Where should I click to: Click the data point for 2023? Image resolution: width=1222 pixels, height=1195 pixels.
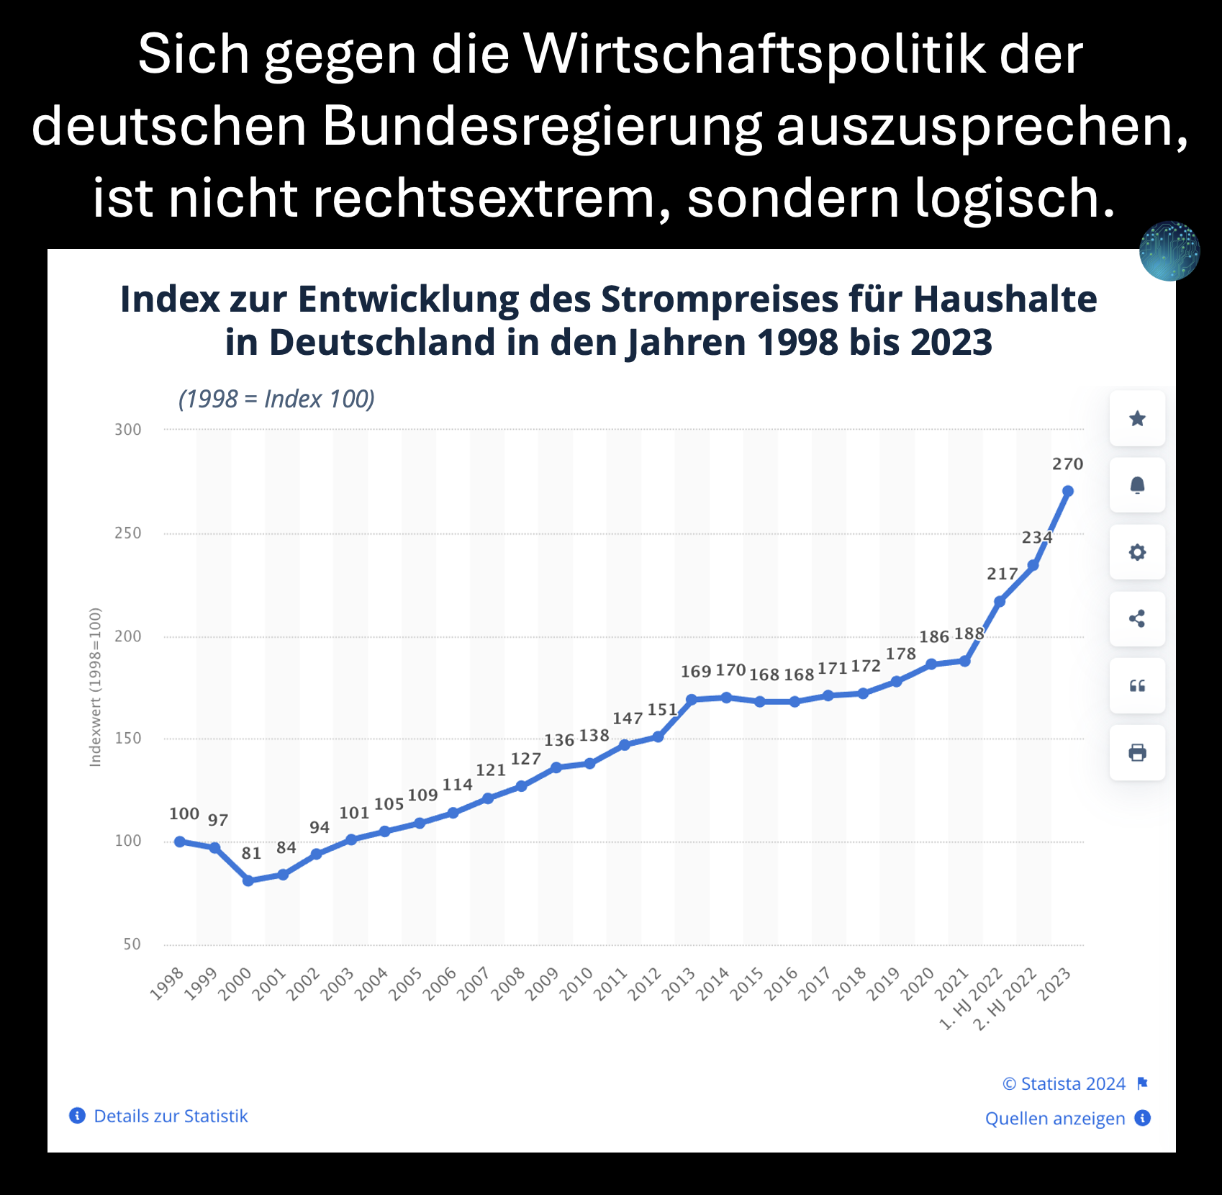[x=1068, y=491]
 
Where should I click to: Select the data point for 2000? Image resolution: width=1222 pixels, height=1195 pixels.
[x=248, y=880]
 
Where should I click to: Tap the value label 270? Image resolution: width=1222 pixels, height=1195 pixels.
[x=1067, y=464]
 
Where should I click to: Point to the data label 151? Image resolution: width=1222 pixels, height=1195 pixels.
[x=662, y=710]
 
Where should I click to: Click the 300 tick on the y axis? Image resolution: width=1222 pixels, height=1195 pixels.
[x=128, y=430]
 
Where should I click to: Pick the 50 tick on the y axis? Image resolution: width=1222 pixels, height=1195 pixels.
[x=132, y=944]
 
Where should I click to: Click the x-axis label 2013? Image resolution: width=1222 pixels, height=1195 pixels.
[x=679, y=984]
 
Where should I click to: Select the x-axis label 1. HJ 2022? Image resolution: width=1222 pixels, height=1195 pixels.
[x=972, y=998]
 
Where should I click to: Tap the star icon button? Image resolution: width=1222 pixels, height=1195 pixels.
[x=1137, y=418]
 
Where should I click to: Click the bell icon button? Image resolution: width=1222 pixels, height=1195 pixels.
[x=1137, y=485]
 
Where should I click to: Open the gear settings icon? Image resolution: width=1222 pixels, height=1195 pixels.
[x=1137, y=552]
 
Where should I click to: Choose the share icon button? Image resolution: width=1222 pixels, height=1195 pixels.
[x=1137, y=619]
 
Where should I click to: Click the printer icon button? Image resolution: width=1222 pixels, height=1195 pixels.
[x=1137, y=753]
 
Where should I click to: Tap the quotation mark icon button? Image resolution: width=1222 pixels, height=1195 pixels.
[x=1137, y=686]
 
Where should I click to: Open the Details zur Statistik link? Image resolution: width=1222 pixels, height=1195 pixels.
[x=171, y=1117]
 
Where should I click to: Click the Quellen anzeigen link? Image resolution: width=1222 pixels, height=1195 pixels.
[x=1055, y=1119]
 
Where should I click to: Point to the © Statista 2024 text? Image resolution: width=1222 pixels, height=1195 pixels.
[x=1064, y=1084]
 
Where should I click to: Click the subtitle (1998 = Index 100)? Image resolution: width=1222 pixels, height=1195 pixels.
[x=277, y=399]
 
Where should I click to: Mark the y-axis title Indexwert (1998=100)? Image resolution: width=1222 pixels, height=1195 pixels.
[x=95, y=687]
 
